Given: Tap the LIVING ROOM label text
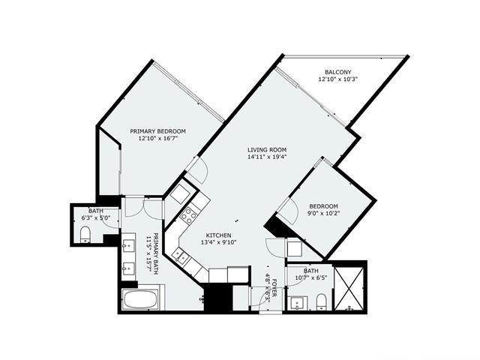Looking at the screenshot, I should [267, 149].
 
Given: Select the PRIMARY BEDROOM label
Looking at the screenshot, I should [157, 130].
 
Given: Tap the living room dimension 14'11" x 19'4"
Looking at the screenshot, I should [267, 157].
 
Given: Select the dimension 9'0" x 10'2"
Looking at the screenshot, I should [324, 214].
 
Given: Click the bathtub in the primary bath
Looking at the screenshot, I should [140, 301].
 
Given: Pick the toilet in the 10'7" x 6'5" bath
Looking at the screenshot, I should [321, 301].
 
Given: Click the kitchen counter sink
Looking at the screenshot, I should [180, 256].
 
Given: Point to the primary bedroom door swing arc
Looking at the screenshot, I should [196, 170].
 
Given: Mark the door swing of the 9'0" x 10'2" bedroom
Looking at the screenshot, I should [287, 211].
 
